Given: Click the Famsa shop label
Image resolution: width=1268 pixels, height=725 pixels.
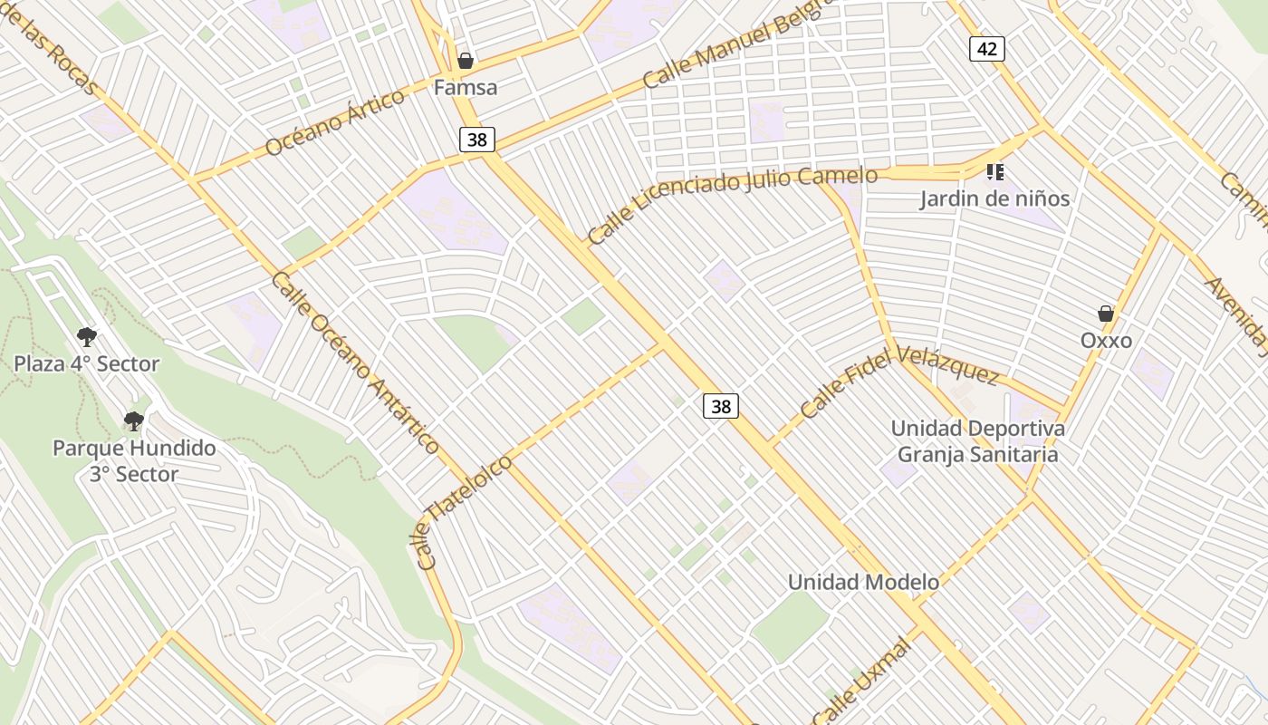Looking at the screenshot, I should pyautogui.click(x=466, y=88).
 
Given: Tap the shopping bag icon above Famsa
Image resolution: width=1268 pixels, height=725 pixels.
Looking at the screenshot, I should pyautogui.click(x=466, y=61).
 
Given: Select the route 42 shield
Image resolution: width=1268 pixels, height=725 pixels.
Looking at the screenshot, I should pyautogui.click(x=986, y=48).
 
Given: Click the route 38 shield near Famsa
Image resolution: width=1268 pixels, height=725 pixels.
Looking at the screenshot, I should pyautogui.click(x=476, y=139).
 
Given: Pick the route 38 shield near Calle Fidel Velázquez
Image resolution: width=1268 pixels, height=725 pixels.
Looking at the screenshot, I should pyautogui.click(x=721, y=406).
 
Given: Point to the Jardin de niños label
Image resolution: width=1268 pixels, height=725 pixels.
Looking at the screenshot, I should pyautogui.click(x=994, y=198).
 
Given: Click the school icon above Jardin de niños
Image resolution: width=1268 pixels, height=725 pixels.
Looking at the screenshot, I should pyautogui.click(x=995, y=171).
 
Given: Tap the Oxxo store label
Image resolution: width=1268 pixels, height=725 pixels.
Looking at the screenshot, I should pyautogui.click(x=1106, y=341).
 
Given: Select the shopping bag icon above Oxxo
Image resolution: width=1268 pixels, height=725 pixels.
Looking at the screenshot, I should pyautogui.click(x=1106, y=314).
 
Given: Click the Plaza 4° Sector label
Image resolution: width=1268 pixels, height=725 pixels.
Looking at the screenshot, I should pyautogui.click(x=87, y=364).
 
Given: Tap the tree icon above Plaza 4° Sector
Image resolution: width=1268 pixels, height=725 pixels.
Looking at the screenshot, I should pyautogui.click(x=87, y=337).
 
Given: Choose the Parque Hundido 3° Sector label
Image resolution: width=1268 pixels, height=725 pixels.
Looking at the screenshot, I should pyautogui.click(x=134, y=460).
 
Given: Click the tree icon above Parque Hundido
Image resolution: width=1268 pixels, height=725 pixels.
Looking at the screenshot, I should pyautogui.click(x=134, y=420).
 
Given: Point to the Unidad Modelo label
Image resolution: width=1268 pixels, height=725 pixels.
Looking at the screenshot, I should pyautogui.click(x=863, y=582).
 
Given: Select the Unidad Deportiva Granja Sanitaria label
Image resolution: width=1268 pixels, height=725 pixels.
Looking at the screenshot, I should pyautogui.click(x=977, y=440).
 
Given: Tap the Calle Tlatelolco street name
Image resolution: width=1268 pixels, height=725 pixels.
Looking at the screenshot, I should pyautogui.click(x=466, y=512).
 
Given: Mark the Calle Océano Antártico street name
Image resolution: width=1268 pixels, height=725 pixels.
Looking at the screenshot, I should pyautogui.click(x=355, y=362).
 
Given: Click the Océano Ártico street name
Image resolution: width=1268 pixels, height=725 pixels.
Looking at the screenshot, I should pyautogui.click(x=335, y=122).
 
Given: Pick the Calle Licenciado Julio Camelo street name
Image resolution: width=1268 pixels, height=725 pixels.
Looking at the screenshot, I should pyautogui.click(x=732, y=205).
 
